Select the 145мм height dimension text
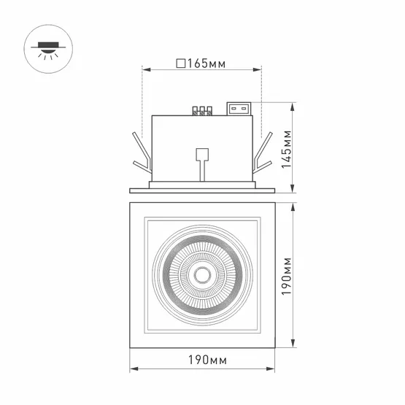[x=288, y=149]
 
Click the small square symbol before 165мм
[x=180, y=63]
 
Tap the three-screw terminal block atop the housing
[x=201, y=112]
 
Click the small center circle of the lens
[x=201, y=275]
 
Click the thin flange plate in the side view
[x=201, y=191]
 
